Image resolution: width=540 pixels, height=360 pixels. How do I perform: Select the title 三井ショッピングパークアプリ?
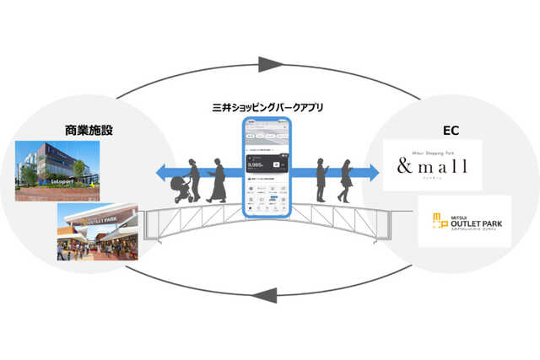[x=267, y=108]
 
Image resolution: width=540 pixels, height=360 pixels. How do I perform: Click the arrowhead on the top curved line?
[x=269, y=63]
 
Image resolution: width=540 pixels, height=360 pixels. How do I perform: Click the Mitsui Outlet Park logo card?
[x=463, y=221]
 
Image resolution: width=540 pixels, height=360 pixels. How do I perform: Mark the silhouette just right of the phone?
[x=321, y=179]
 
